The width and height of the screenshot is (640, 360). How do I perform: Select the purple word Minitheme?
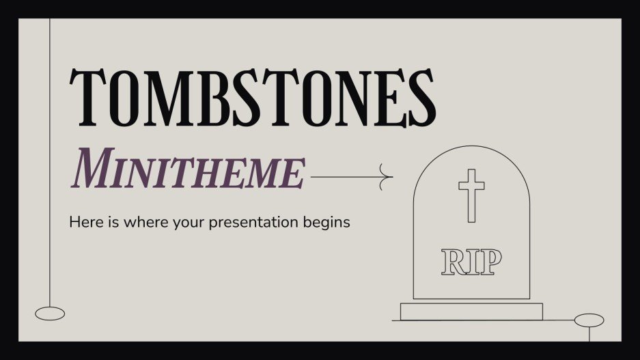188,169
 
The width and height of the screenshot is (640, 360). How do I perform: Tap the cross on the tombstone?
471,195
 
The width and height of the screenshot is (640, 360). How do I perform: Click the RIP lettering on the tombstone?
471,262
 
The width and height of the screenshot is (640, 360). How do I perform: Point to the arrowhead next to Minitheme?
389,178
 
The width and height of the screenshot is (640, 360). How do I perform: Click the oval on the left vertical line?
50,314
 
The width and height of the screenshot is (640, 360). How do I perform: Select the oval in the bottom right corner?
589,320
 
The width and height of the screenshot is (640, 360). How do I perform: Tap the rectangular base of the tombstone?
471,311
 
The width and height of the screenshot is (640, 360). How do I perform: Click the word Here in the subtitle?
83,222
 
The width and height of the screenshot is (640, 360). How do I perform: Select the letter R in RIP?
453,262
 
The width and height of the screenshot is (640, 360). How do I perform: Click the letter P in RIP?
491,262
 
